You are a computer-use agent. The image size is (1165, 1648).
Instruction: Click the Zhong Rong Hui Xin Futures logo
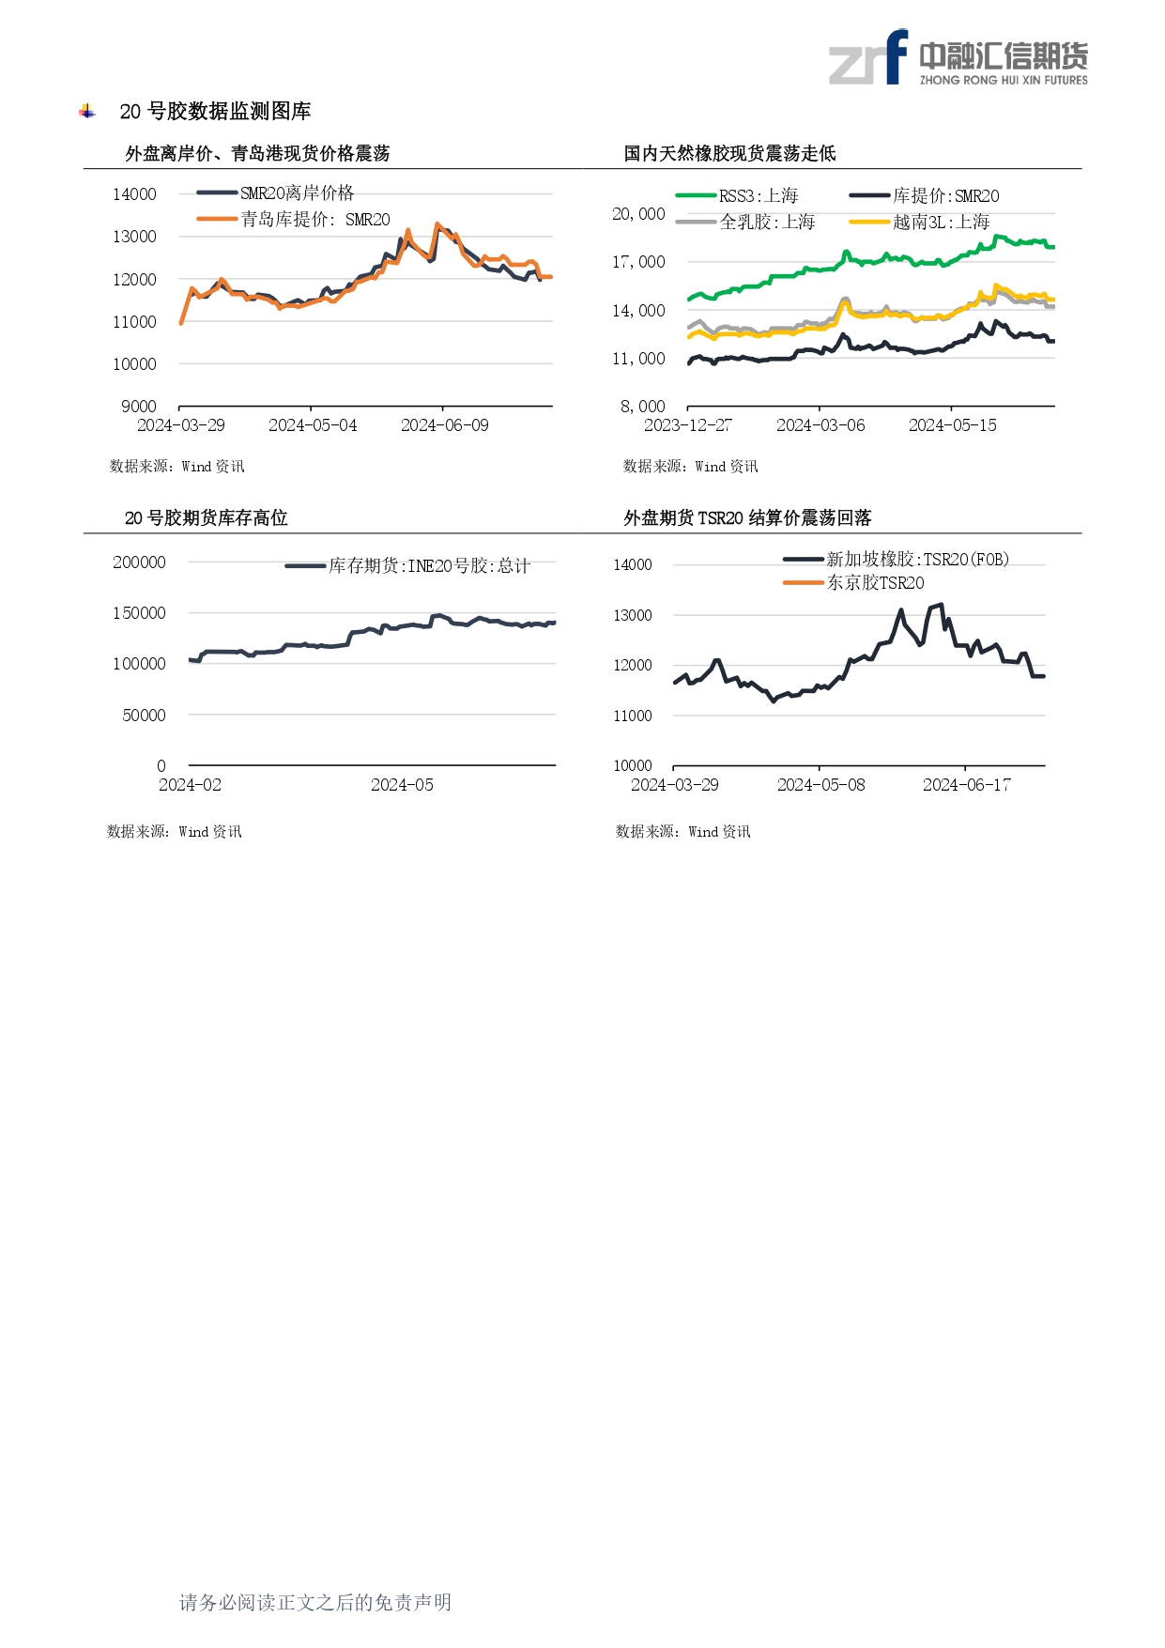[x=958, y=58]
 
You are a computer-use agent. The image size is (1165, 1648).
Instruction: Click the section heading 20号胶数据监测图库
[x=215, y=112]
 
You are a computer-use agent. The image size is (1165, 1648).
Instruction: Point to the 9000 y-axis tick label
[x=139, y=407]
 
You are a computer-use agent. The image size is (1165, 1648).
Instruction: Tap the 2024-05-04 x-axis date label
[x=313, y=425]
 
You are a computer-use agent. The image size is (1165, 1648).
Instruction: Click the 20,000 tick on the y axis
[x=638, y=214]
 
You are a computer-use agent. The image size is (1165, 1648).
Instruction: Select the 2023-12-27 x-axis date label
[x=687, y=425]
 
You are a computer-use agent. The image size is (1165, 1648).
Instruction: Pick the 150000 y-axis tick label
[x=139, y=613]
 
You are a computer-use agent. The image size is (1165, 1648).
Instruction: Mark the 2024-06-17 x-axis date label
[x=966, y=785]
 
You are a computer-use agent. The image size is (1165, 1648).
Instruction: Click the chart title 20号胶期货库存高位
[x=206, y=518]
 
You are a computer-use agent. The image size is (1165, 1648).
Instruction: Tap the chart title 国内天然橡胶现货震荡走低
[x=729, y=154]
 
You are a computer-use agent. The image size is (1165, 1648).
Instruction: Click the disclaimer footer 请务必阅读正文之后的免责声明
[x=315, y=1602]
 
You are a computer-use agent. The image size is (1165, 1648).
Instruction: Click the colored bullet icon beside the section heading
[x=87, y=112]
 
